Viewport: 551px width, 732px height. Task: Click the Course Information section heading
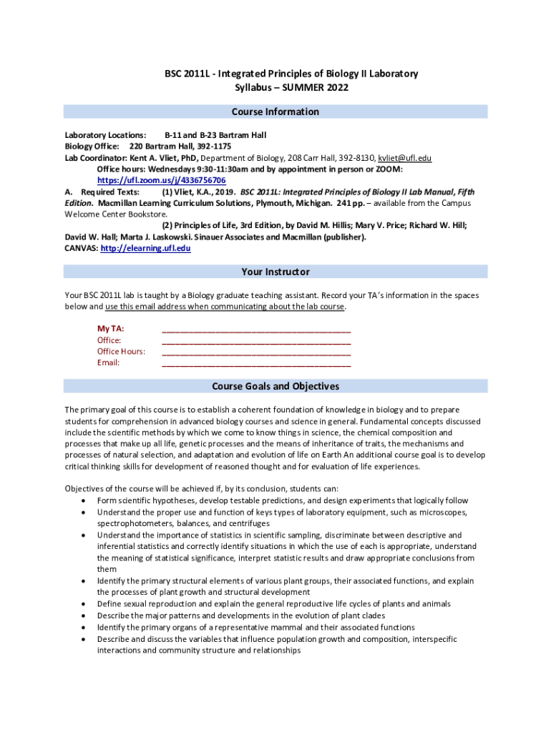tap(275, 112)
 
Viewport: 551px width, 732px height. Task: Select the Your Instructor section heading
tap(275, 272)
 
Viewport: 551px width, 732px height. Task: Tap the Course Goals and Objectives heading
tap(275, 386)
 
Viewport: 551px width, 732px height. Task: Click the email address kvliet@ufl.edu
tap(404, 158)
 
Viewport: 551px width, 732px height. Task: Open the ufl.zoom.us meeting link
tap(161, 181)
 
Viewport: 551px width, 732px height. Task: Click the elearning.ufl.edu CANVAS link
tap(145, 248)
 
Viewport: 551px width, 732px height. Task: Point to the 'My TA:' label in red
tap(110, 329)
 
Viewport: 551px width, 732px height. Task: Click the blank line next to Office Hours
tap(256, 352)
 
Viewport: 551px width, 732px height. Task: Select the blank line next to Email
tap(256, 363)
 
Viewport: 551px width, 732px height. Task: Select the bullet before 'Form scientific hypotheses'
tap(87, 501)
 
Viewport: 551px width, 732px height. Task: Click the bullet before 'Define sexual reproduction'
tap(87, 604)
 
